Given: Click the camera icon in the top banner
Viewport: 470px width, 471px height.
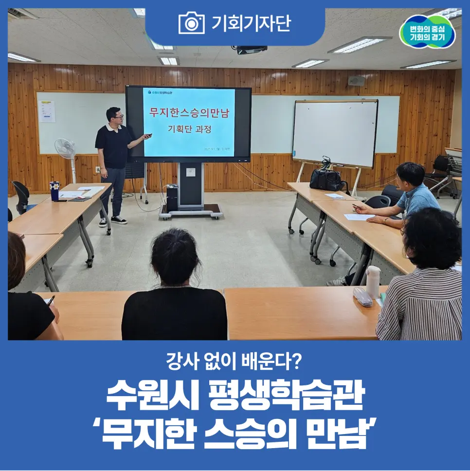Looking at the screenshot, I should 191,23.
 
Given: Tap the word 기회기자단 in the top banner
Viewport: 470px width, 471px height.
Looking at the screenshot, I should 251,23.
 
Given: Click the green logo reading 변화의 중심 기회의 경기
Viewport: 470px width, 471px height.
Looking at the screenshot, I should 427,32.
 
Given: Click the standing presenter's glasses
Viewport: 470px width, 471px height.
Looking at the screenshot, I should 117,117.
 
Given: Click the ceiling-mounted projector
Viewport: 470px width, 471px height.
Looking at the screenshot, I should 249,49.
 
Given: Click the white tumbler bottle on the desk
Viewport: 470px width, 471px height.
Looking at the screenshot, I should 373,281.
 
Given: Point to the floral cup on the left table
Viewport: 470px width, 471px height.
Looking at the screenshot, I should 54,190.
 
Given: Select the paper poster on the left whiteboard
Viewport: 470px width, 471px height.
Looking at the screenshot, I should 47,111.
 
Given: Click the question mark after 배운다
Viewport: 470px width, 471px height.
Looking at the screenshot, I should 297,362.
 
